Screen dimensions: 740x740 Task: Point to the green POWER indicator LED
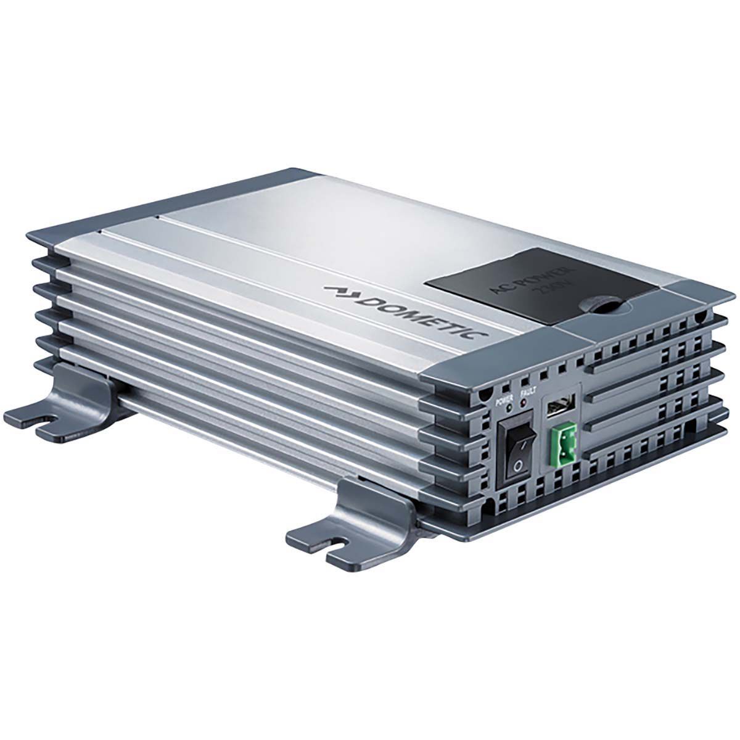[x=509, y=408]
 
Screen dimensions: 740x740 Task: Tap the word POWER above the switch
[x=505, y=399]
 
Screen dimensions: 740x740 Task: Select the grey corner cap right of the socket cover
[x=691, y=296]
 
